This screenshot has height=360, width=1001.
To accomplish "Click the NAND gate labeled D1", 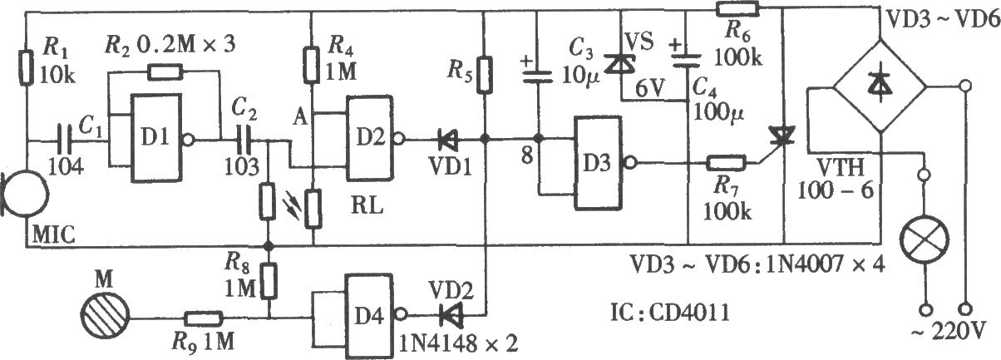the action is (156, 137).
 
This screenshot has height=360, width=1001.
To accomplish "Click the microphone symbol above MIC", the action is (25, 195).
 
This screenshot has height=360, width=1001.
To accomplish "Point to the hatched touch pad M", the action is (105, 318).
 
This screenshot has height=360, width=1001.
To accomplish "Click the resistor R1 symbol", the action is (27, 68).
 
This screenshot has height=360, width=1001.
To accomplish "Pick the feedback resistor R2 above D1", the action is (165, 72).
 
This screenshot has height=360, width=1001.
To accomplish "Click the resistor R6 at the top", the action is (737, 8).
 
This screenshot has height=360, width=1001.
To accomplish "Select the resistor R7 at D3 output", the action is (725, 163).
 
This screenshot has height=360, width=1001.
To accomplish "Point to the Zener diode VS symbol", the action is (620, 63).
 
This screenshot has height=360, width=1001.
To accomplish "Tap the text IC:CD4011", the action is (670, 313).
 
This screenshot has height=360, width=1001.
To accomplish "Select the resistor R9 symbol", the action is (204, 318).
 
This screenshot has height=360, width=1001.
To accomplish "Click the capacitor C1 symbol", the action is (65, 141).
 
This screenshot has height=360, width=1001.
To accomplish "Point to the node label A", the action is (301, 118).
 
